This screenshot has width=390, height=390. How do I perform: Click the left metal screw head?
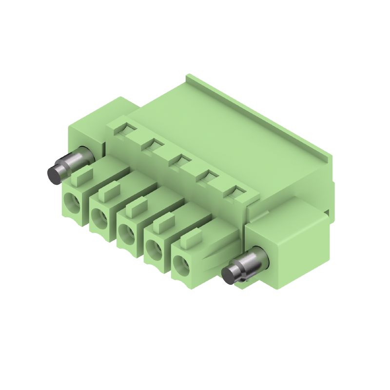click(x=55, y=173)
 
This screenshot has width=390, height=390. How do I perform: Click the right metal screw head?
click(x=230, y=275)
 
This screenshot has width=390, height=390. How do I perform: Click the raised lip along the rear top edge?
click(x=258, y=112)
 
